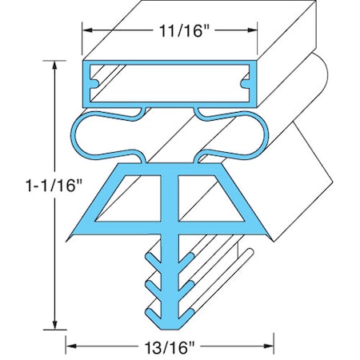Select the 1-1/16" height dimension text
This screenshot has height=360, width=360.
[x=30, y=186]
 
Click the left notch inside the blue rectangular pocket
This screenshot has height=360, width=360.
[x=96, y=80]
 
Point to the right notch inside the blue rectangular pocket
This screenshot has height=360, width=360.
[x=246, y=80]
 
